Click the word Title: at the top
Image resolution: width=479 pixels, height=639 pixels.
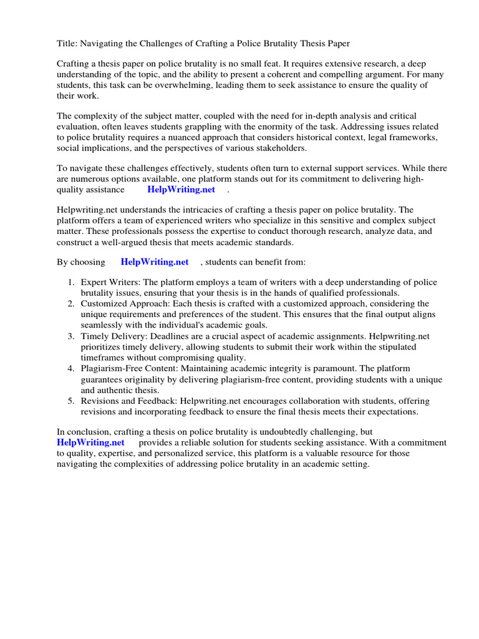[67, 43]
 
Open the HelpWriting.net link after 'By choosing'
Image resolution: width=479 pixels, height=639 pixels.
[154, 263]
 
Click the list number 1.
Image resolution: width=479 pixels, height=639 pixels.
[71, 282]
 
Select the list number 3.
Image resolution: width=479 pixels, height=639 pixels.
[71, 336]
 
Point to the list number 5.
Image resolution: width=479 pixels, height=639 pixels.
[71, 401]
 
